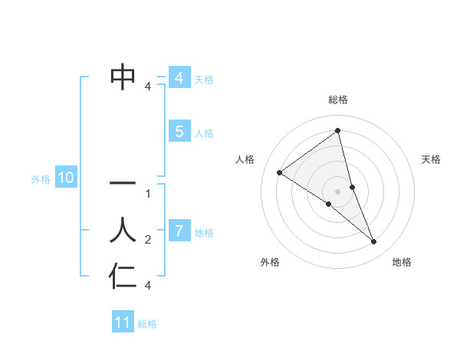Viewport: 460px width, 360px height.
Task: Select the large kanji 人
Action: click(123, 230)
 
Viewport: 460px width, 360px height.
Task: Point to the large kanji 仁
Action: click(123, 276)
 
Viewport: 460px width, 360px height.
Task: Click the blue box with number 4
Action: click(179, 78)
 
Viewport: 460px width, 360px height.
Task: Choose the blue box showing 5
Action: click(179, 132)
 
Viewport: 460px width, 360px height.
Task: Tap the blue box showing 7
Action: click(179, 231)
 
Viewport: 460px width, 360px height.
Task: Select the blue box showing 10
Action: click(66, 178)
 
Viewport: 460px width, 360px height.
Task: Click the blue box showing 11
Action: click(122, 322)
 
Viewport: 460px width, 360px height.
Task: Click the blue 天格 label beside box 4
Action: click(204, 80)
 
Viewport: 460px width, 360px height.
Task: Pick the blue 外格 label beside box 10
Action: click(41, 179)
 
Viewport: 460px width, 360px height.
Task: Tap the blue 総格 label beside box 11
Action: click(147, 324)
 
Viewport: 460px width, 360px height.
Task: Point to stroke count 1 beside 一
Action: click(148, 194)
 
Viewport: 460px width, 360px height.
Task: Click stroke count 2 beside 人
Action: click(148, 240)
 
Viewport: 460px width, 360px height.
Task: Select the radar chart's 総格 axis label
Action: click(338, 100)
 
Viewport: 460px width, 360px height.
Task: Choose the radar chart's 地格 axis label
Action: click(402, 262)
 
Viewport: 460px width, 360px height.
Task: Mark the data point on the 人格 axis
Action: click(279, 172)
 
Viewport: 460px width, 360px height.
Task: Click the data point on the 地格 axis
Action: click(374, 242)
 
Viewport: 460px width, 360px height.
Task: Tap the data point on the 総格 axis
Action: click(338, 130)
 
